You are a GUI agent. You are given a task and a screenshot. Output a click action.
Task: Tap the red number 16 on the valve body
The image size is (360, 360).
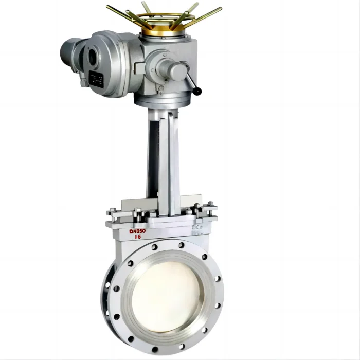[x=138, y=239]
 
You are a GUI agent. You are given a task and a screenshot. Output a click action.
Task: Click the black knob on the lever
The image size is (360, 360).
[x=196, y=92]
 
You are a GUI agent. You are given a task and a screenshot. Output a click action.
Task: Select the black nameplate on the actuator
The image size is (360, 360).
[x=96, y=79]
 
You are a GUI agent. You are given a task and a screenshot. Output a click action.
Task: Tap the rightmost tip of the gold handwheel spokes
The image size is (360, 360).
[x=220, y=9]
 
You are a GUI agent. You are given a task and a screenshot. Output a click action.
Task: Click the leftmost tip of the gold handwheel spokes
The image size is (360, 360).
[x=109, y=7]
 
